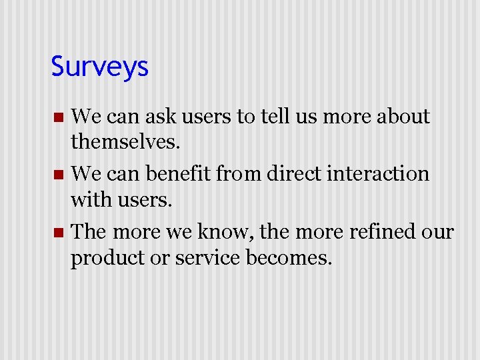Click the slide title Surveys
click(99, 67)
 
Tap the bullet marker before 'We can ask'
click(58, 118)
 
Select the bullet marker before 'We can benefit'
click(58, 175)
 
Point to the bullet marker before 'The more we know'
click(58, 233)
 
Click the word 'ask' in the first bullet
click(169, 117)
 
